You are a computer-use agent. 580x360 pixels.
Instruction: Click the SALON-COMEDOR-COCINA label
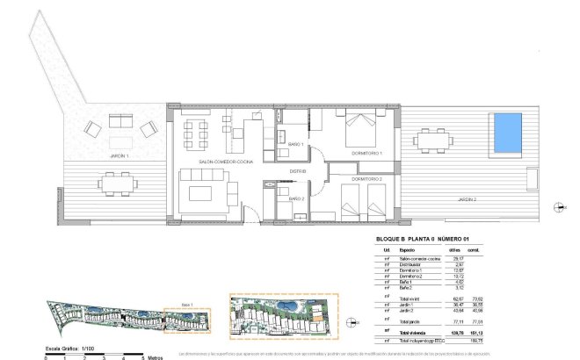coord(218,163)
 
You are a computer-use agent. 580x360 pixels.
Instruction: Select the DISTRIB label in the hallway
coord(300,171)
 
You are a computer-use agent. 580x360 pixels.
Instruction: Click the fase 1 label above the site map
coord(185,304)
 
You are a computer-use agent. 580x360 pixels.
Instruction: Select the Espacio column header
coord(408,250)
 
